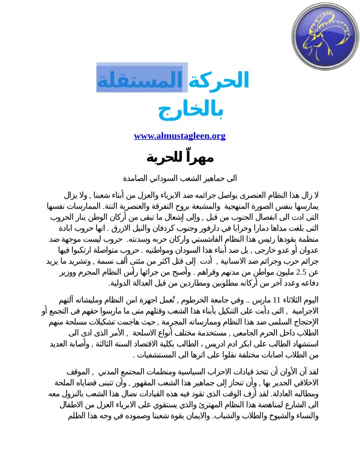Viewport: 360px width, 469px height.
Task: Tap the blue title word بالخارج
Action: pyautogui.click(x=191, y=110)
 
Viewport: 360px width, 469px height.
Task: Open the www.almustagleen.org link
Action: pyautogui.click(x=179, y=136)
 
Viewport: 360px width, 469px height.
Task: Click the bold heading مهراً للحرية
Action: pyautogui.click(x=180, y=158)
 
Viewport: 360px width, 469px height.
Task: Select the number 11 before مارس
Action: pyautogui.click(x=275, y=300)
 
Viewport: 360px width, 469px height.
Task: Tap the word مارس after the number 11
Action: pyautogui.click(x=260, y=300)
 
